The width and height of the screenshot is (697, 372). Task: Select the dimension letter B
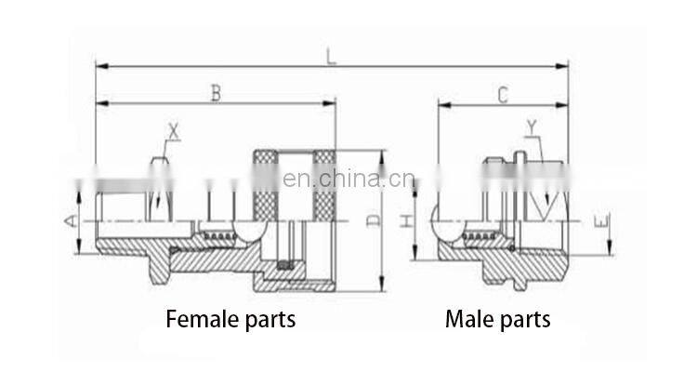pyautogui.click(x=216, y=93)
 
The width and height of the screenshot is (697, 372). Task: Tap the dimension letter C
pyautogui.click(x=503, y=94)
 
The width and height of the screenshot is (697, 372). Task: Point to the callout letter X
pyautogui.click(x=174, y=131)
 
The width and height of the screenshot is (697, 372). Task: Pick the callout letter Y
pyautogui.click(x=532, y=126)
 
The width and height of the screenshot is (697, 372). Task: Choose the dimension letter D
pyautogui.click(x=372, y=220)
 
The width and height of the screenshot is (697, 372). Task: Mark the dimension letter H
pyautogui.click(x=406, y=221)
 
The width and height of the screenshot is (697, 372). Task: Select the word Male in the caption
pyautogui.click(x=470, y=320)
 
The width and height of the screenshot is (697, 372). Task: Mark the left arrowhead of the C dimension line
pyautogui.click(x=442, y=104)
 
